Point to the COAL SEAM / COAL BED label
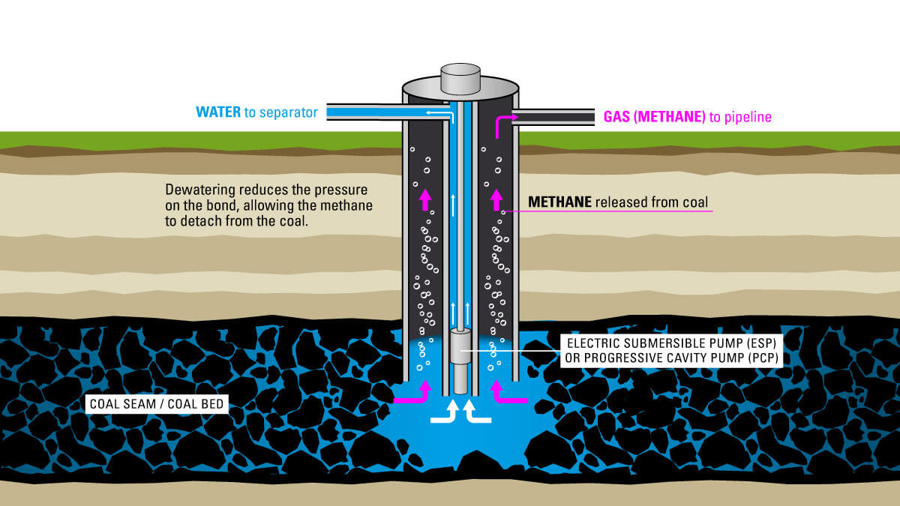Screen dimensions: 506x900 click(157, 405)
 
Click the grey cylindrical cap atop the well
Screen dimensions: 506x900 click(460, 78)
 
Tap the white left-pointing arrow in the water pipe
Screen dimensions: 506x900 click(434, 112)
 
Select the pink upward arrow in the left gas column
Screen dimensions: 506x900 click(425, 199)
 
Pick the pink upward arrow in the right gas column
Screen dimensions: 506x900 click(495, 199)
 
